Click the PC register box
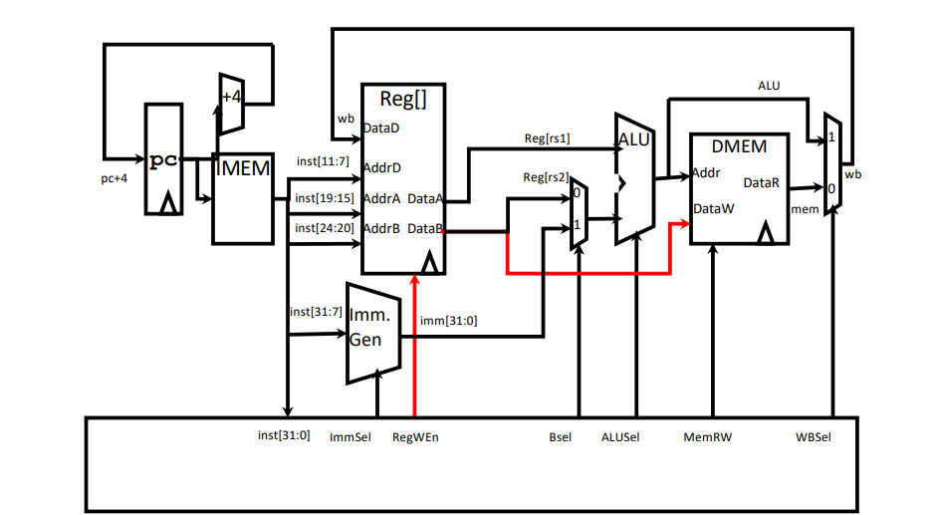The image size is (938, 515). point(164,158)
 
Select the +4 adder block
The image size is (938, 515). point(231,104)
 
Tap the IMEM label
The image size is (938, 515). point(243,168)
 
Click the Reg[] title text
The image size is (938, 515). point(403,99)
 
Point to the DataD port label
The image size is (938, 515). point(381,128)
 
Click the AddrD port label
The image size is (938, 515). point(381,168)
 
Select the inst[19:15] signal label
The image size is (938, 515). point(325,198)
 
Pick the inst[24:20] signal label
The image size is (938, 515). point(325,228)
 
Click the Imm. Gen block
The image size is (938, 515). point(373,333)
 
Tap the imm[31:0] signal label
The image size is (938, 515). point(449,321)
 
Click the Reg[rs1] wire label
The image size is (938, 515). point(548,138)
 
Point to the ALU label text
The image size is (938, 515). point(633,140)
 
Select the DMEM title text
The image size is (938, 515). point(739,146)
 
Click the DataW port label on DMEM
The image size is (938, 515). point(714,209)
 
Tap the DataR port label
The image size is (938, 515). point(762,183)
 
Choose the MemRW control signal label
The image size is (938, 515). point(708,437)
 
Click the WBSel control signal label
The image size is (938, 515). point(813,437)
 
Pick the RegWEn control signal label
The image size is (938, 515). point(415,437)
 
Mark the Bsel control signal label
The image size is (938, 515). point(560,437)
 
